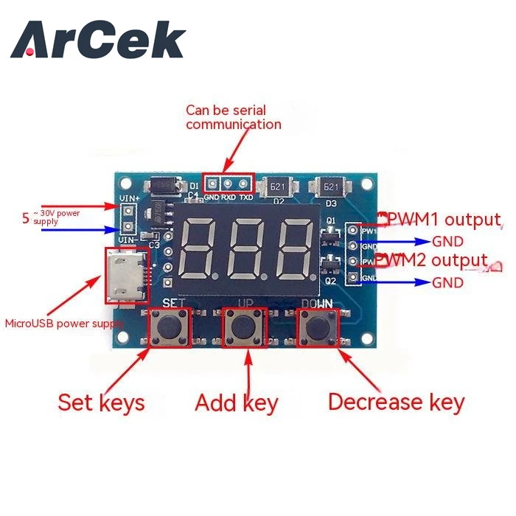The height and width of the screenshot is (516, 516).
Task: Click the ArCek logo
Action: coord(97,40)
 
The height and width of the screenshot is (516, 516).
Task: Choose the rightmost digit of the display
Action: coord(290,248)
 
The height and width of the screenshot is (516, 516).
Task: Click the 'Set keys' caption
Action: coord(101,402)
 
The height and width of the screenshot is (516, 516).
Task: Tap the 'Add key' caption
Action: coord(236,402)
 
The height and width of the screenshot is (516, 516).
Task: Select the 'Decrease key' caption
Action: coord(396,402)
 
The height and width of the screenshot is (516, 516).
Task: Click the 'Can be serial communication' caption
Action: coord(233,117)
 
